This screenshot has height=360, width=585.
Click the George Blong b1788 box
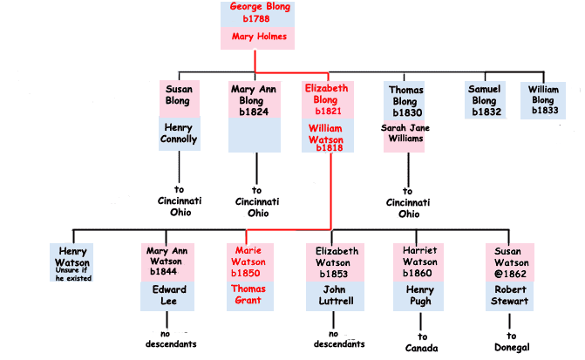(257, 15)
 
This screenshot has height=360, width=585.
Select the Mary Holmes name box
(257, 38)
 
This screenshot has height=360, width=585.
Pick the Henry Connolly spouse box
(179, 133)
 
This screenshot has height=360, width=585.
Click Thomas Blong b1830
(405, 101)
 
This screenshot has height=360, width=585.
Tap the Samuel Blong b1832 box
(484, 100)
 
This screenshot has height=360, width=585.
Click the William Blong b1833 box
(543, 100)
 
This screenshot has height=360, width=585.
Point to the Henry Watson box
(71, 256)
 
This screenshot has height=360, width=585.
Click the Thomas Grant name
(248, 295)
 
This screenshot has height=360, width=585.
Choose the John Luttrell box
(335, 295)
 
